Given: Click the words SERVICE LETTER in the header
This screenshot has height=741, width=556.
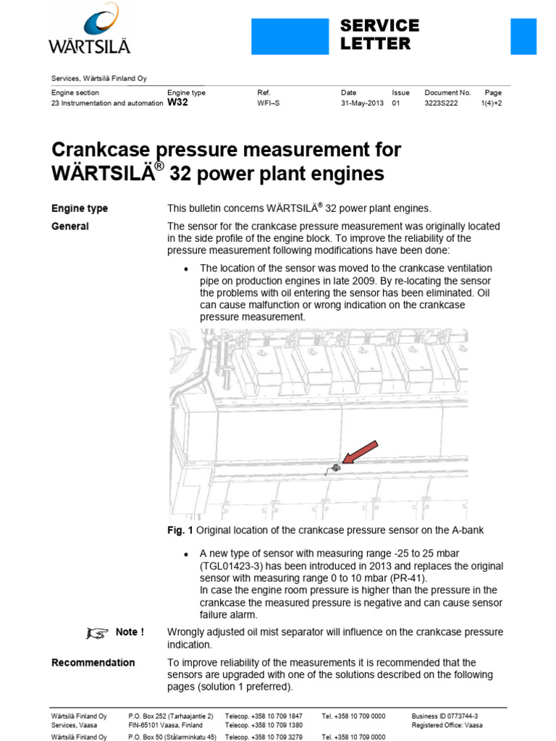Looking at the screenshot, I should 380,35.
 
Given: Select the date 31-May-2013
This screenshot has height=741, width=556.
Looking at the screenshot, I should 361,103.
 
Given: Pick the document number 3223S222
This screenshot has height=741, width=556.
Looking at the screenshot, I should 444,103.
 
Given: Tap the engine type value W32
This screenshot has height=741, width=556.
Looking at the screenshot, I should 177,103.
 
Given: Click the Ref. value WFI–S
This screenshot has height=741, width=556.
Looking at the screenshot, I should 269,103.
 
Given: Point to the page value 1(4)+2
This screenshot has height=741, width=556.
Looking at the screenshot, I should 492,103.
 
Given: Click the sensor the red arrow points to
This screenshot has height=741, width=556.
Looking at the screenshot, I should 336,467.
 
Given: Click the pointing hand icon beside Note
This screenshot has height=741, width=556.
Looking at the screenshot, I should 97,633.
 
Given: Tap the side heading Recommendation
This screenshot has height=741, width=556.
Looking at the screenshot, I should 93,662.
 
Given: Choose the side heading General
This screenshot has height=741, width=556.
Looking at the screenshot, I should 70,226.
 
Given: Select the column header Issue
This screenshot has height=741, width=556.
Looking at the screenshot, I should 400,93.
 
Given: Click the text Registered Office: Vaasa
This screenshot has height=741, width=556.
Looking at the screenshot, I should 447,725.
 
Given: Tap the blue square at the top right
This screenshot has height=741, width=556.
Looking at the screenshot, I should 523,36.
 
